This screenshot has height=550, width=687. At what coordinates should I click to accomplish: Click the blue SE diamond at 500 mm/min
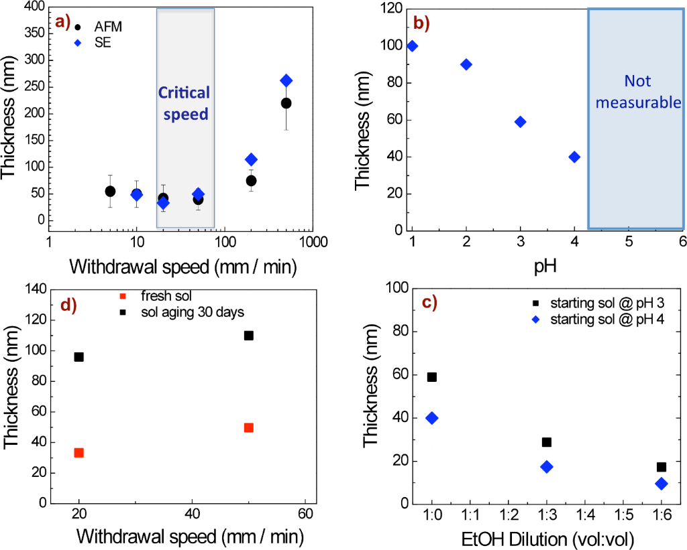(286, 80)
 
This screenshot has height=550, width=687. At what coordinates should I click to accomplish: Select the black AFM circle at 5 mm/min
(110, 192)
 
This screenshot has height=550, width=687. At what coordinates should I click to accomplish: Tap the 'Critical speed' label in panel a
(184, 103)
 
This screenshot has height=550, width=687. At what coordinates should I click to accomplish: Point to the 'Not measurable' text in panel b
(638, 92)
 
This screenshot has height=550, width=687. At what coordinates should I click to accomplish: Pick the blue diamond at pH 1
(412, 46)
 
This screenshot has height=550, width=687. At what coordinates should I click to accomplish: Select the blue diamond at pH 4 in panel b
(574, 157)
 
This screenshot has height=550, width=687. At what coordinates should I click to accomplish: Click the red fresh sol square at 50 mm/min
(249, 427)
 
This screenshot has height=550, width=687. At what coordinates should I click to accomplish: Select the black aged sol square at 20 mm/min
(79, 357)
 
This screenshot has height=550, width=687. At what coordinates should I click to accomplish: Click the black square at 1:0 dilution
(432, 377)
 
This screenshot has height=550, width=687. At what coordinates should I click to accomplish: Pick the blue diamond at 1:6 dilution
(662, 484)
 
